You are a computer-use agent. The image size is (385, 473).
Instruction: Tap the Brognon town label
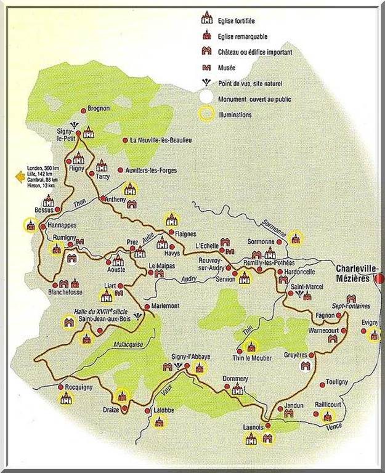pyautogui.click(x=99, y=108)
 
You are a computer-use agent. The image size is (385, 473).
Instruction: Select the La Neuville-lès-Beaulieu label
pyautogui.click(x=161, y=140)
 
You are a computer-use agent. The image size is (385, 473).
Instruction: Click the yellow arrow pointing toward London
pyautogui.click(x=20, y=176)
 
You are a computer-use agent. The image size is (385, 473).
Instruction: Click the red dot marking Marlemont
pyautogui.click(x=147, y=306)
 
